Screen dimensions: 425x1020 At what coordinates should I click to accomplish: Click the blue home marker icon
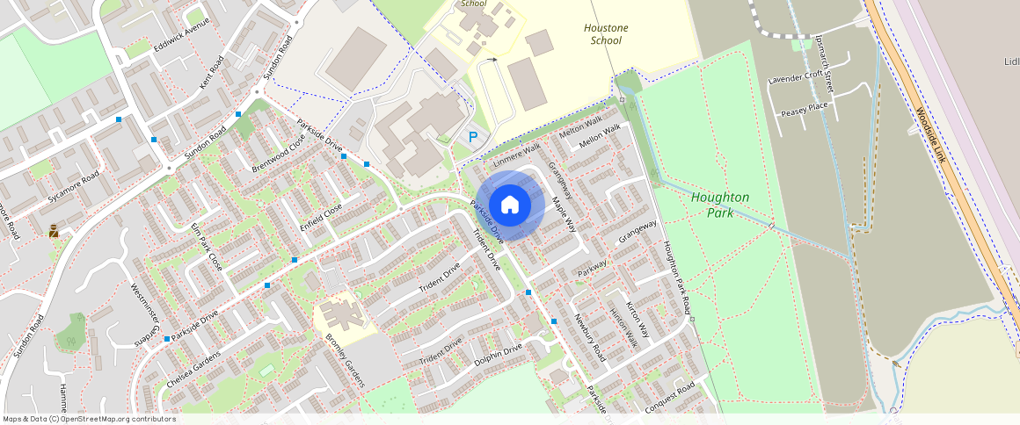pyautogui.click(x=510, y=205)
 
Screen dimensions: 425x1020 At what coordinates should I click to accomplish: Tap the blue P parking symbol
pyautogui.click(x=473, y=137)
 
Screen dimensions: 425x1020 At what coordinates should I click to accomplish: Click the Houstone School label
pyautogui.click(x=606, y=34)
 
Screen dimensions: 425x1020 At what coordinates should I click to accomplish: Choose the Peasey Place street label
pyautogui.click(x=805, y=106)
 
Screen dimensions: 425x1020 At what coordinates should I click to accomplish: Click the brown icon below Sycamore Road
pyautogui.click(x=54, y=231)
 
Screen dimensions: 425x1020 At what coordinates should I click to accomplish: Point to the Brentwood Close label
pyautogui.click(x=278, y=153)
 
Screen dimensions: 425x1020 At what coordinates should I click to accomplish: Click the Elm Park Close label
pyautogui.click(x=207, y=247)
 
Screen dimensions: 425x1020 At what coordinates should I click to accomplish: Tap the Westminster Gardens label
pyautogui.click(x=147, y=314)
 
